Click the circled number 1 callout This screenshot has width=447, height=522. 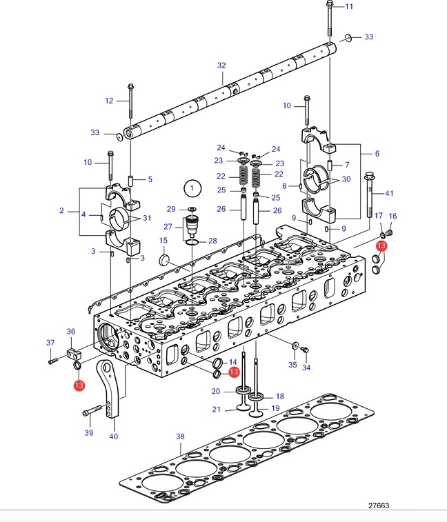click(x=192, y=188)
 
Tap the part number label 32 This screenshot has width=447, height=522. click(x=221, y=66)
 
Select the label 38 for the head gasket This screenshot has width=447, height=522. click(x=180, y=436)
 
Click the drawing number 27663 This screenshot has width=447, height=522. click(x=379, y=505)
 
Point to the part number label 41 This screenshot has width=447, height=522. click(x=389, y=193)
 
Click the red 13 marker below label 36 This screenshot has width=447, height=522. click(x=79, y=385)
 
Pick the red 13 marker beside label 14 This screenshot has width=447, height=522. click(x=234, y=372)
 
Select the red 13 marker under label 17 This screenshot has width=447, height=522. click(x=381, y=246)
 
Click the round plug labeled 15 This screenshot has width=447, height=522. click(x=164, y=260)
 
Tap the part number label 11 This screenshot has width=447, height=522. click(x=349, y=6)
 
